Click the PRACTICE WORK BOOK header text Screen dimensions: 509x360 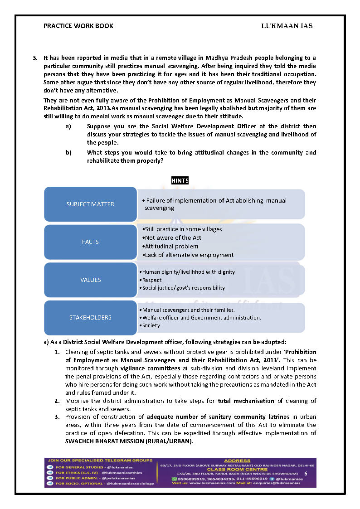click(78, 26)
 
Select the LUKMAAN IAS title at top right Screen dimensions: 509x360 click(287, 26)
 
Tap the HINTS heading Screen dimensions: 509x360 click(180, 181)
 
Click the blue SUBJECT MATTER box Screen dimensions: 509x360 click(90, 204)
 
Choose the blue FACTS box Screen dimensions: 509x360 click(90, 242)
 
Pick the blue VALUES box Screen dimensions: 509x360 click(90, 280)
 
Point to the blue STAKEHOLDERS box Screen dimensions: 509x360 click(90, 317)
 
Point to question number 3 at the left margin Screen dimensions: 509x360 click(34, 58)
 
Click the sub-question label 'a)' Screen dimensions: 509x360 click(68, 126)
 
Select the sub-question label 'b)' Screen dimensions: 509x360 click(68, 152)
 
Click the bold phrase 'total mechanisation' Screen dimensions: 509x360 click(246, 401)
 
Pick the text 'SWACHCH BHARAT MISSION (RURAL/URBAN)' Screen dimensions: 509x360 click(129, 441)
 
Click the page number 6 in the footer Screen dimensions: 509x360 click(306, 473)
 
